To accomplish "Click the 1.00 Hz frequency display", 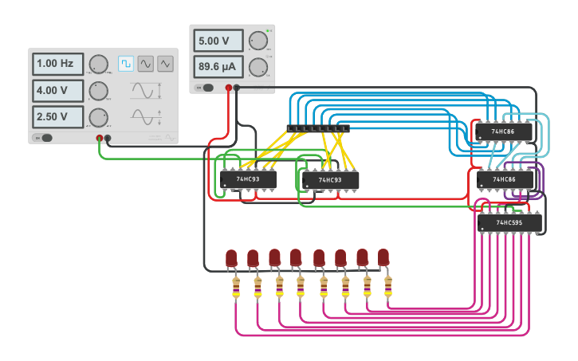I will point(57,64).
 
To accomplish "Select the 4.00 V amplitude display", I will point(57,90).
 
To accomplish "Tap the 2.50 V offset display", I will point(57,117).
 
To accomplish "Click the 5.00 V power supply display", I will point(217,41).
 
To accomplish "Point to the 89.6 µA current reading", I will point(217,67).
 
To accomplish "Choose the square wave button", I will point(126,64).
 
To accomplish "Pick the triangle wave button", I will point(165,64).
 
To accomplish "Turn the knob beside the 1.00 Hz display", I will point(98,65).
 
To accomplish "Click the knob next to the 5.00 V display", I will point(257,41).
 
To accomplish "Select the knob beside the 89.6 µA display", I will point(257,67).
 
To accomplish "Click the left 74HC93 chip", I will point(248,179).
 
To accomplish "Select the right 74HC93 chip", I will point(330,181).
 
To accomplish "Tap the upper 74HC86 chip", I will point(503,131).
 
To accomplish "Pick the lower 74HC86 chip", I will point(505,180).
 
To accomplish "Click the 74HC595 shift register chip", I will point(509,223).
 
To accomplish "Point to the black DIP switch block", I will point(317,128).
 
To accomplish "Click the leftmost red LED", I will point(231,259).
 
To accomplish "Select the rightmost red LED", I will point(383,257).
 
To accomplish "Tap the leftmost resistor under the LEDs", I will point(235,288).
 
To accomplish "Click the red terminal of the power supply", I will point(228,88).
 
